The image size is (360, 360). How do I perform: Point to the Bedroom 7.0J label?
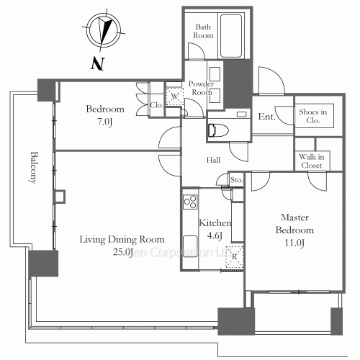pos(105,115)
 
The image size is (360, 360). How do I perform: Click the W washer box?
pos(174,97)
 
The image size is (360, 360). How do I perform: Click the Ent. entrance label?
pos(266,117)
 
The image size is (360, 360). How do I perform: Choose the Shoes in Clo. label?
pos(313,115)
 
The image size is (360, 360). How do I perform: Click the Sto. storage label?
pos(235,179)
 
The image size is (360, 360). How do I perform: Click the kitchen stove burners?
pos(189,201)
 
